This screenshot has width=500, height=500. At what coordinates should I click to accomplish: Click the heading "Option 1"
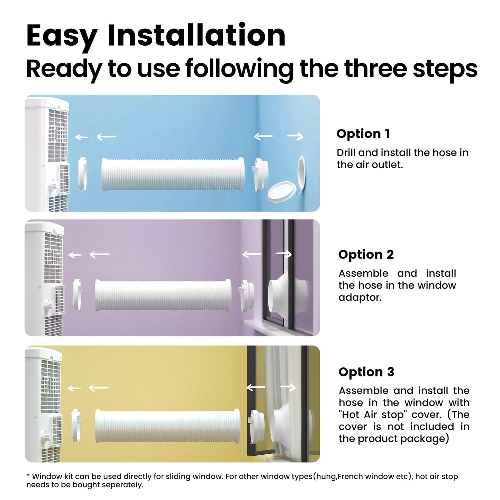click(363, 134)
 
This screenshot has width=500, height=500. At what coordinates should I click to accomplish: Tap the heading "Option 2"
click(366, 255)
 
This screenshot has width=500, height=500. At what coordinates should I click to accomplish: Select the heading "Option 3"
click(366, 372)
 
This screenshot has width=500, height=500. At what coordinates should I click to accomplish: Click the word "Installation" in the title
click(197, 35)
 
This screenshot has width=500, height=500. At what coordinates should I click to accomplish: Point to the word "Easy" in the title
click(62, 38)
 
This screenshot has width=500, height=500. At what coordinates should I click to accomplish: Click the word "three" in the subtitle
click(376, 69)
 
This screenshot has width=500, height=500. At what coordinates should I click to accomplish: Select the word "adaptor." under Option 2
click(360, 298)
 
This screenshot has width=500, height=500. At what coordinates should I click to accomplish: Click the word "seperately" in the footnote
click(121, 485)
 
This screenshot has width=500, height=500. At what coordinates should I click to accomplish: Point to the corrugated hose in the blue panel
click(173, 174)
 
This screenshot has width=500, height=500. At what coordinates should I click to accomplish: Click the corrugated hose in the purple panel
click(163, 295)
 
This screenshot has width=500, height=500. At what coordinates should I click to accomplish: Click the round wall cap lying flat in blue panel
click(282, 192)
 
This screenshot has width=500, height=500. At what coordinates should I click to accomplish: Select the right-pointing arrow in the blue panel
click(295, 136)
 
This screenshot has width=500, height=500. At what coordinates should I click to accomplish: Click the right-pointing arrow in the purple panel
click(283, 254)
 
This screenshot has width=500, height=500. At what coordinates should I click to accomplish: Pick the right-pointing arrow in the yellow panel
click(288, 388)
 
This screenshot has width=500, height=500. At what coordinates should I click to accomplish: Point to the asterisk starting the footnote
click(28, 476)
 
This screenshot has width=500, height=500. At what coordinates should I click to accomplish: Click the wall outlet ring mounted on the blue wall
click(301, 174)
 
